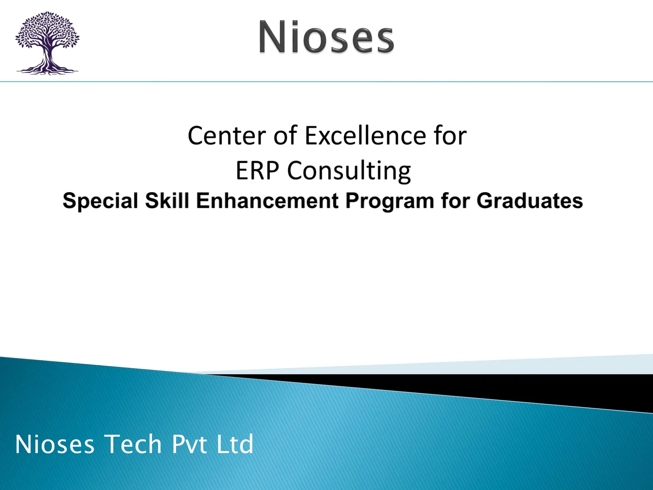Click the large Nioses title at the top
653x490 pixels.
tap(326, 37)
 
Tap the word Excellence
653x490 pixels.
tap(365, 136)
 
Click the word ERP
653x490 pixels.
tap(257, 170)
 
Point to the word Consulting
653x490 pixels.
tap(349, 171)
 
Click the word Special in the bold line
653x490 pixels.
tap(100, 201)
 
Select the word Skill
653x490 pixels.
tap(167, 201)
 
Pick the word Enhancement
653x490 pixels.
tap(267, 201)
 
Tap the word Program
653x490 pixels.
tap(390, 201)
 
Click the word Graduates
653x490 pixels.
tap(530, 201)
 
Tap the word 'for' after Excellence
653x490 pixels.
tap(450, 136)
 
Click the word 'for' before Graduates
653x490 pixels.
tap(455, 201)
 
